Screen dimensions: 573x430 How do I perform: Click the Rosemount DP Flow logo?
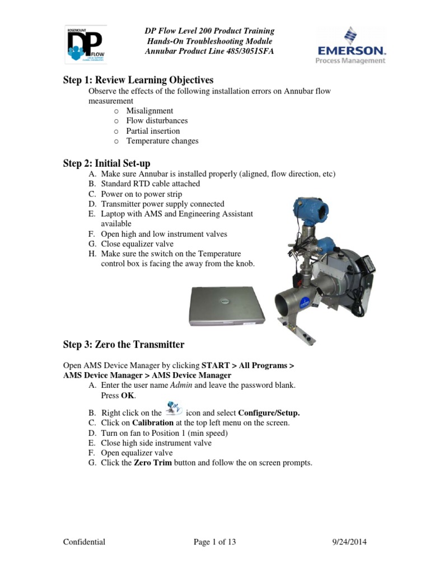pos(85,45)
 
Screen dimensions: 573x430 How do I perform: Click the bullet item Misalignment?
pos(149,111)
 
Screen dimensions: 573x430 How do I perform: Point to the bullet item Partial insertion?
pos(153,131)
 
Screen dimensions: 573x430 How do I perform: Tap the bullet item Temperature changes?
pos(162,141)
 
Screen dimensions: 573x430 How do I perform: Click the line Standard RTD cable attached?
pos(150,184)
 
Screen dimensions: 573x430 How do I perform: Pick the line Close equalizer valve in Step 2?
pos(137,244)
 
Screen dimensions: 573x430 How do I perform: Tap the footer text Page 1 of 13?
pos(214,542)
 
